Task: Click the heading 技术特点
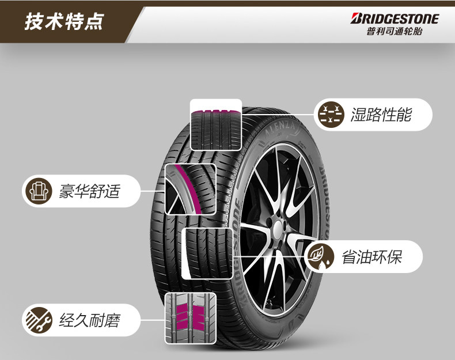pyautogui.click(x=64, y=22)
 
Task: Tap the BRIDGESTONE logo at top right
pyautogui.click(x=395, y=18)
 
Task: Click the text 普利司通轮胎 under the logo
pyautogui.click(x=394, y=32)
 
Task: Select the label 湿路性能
pyautogui.click(x=381, y=114)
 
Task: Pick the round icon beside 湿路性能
pyautogui.click(x=331, y=114)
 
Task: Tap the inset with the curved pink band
pyautogui.click(x=189, y=190)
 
